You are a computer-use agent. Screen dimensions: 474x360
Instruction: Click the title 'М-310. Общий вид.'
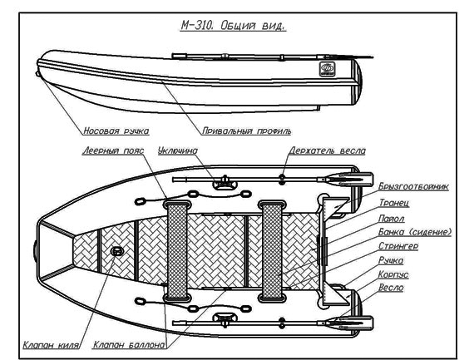click(233, 26)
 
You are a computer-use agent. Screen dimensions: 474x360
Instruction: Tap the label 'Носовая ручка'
click(116, 131)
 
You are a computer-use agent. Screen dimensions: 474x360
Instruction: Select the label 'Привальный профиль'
click(247, 131)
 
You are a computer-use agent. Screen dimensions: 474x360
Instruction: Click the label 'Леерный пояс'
click(113, 150)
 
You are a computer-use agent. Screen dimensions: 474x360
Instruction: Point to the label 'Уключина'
click(178, 150)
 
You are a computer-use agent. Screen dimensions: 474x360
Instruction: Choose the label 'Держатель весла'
click(327, 150)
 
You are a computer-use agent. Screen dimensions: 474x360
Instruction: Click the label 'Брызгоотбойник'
click(413, 186)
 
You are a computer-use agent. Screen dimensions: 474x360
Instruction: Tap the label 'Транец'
click(394, 203)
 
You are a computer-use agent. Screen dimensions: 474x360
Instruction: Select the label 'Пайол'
click(392, 218)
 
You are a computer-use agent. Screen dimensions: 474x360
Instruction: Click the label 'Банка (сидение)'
click(415, 232)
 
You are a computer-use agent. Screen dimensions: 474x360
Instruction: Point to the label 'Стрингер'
click(398, 246)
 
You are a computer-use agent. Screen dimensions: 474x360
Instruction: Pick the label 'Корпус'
click(393, 274)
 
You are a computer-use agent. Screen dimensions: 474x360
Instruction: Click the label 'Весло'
click(391, 288)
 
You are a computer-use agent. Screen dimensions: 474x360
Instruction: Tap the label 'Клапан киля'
click(51, 345)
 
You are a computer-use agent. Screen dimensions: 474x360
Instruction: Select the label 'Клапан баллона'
click(129, 344)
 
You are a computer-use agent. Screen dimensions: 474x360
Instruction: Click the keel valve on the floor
click(117, 251)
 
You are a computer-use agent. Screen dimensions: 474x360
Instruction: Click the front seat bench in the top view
click(177, 251)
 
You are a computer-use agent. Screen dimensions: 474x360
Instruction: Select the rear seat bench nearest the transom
click(272, 251)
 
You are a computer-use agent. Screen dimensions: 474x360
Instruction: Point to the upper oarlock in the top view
click(225, 182)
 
